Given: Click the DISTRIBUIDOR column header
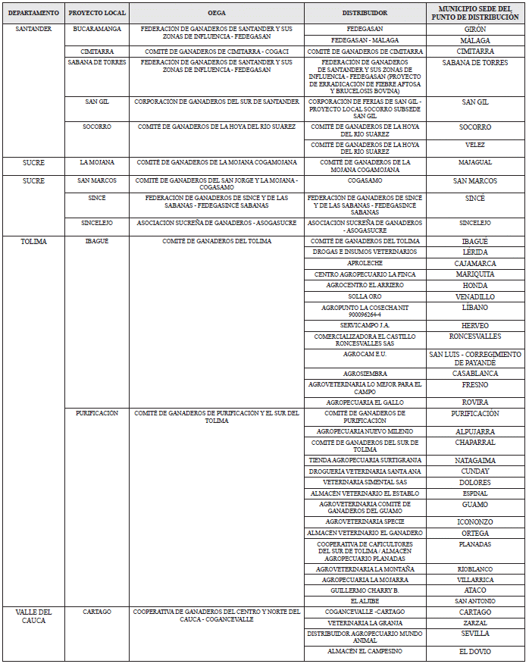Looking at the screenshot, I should click(365, 13).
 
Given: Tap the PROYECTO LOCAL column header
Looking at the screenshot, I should click(96, 13).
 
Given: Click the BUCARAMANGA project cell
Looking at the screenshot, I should click(96, 29).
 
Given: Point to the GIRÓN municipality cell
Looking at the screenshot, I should click(474, 29).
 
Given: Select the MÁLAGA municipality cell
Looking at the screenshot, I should click(474, 40).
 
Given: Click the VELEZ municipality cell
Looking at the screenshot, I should click(474, 145).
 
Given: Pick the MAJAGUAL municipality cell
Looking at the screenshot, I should click(474, 162).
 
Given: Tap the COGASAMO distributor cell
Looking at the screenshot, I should click(365, 181).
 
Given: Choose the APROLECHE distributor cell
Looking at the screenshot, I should click(365, 263).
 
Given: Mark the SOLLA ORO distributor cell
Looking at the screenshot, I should click(365, 296).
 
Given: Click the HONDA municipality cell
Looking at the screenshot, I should click(474, 285).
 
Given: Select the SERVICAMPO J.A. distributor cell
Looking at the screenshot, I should click(365, 324).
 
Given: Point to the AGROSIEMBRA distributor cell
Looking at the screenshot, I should click(365, 374).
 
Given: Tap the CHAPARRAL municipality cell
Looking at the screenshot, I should click(474, 442).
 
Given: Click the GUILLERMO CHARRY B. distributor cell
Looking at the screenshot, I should click(365, 590).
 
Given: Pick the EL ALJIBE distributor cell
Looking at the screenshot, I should click(365, 601).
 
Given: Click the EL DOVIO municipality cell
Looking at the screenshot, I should click(474, 652).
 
